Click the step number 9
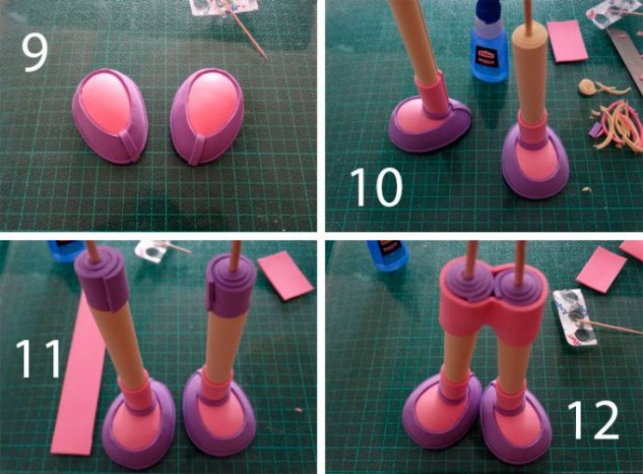[x=34, y=53]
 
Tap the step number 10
[x=376, y=186]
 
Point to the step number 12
[x=593, y=419]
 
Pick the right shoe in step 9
[x=207, y=116]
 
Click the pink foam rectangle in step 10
[x=565, y=41]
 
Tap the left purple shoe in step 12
[x=445, y=411]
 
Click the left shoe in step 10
[x=430, y=124]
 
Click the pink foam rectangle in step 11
[x=285, y=276]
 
